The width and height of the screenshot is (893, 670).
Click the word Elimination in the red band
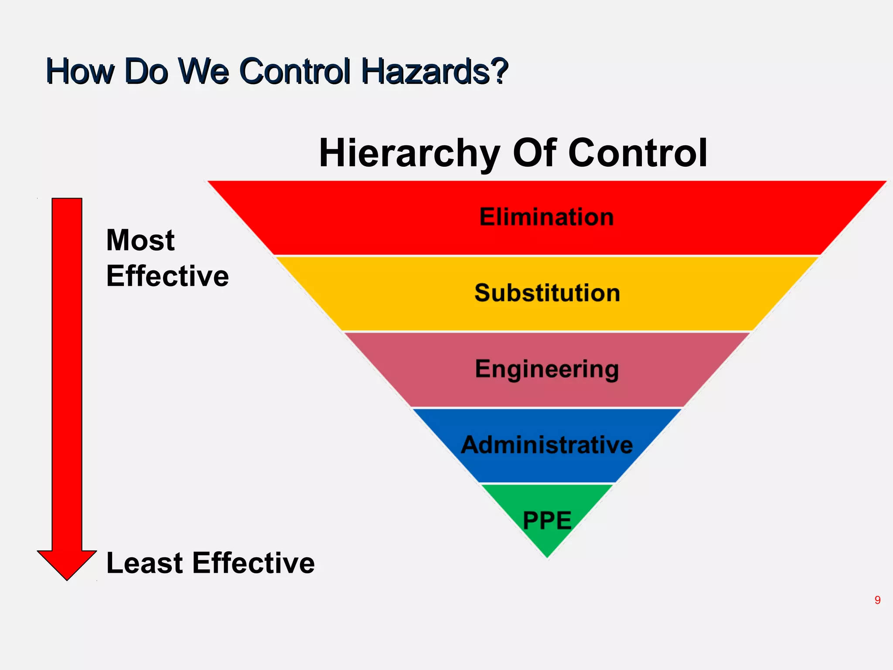tap(546, 217)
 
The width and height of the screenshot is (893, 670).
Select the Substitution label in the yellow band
tap(547, 293)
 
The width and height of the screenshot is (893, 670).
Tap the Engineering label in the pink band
tap(547, 369)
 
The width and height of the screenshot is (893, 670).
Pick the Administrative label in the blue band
tap(547, 445)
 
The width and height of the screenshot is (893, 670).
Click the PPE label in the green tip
tap(547, 520)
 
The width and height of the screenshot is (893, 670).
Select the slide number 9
tap(877, 600)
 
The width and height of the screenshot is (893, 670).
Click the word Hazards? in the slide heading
tap(435, 71)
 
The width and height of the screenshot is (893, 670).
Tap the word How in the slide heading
tap(80, 71)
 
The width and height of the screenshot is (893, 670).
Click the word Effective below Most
tap(167, 276)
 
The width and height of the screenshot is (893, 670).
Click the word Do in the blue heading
tap(146, 71)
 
